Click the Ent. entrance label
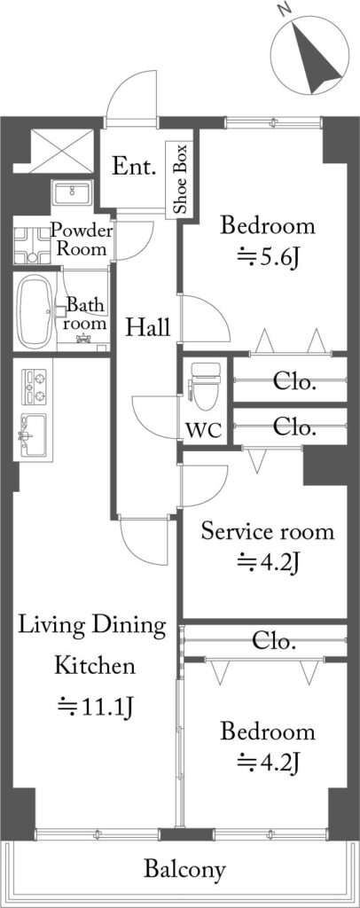(x=134, y=167)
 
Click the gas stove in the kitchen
(x=34, y=387)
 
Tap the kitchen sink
(x=35, y=435)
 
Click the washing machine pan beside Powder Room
(x=31, y=246)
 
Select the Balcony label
(x=184, y=869)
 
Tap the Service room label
(x=268, y=532)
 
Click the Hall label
(x=148, y=328)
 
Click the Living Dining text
(x=92, y=627)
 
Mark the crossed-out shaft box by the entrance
(x=61, y=150)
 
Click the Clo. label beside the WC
(x=294, y=428)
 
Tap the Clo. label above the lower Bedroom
(x=275, y=641)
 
